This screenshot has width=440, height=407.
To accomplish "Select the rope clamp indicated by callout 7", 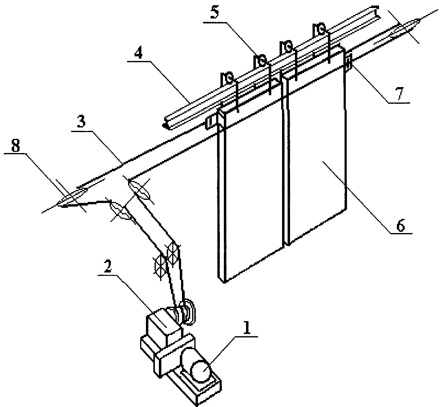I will (348, 62).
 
